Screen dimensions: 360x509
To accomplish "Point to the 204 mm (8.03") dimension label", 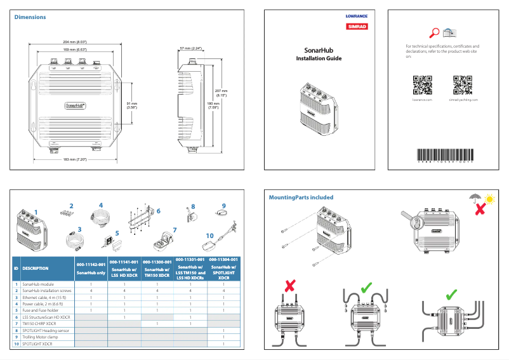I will coord(74,41).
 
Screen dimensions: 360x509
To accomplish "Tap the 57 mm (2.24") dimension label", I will coord(190,48).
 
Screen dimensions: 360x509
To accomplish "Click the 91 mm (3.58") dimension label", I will coord(132,105).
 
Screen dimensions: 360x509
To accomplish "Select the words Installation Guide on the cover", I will coord(319,58).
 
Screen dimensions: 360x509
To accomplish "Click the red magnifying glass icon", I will coord(435,33).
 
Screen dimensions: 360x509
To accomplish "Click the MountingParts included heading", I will coord(301,197).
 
